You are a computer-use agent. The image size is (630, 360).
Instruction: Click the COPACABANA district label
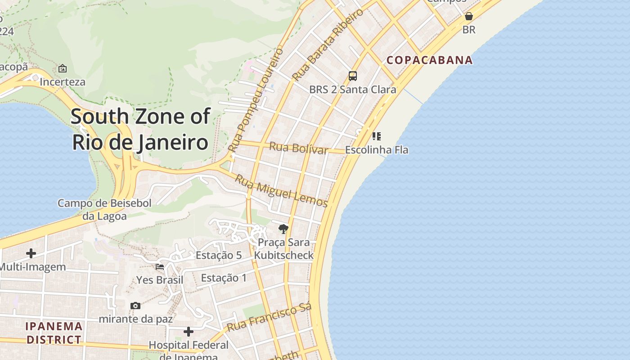[430, 60]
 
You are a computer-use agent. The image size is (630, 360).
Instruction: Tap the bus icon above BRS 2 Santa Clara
[353, 76]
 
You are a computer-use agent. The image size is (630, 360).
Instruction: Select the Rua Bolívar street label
[299, 148]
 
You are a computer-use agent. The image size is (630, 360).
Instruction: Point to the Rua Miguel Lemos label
[282, 191]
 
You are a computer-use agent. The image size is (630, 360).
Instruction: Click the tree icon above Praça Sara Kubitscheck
[283, 229]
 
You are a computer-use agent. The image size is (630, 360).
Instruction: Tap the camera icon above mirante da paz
[135, 306]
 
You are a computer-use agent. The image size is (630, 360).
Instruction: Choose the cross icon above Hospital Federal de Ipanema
[189, 332]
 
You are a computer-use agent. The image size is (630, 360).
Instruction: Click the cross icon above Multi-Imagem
[31, 253]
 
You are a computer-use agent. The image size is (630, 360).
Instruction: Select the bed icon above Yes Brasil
[160, 266]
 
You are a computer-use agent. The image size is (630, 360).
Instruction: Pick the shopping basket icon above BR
[469, 17]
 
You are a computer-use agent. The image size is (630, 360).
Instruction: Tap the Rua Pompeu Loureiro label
[256, 99]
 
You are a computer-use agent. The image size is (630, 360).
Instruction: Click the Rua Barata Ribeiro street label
[328, 45]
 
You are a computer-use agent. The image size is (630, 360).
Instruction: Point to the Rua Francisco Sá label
[269, 318]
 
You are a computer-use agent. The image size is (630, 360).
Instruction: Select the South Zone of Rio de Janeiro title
[140, 129]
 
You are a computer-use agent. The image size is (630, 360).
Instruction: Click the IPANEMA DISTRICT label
[54, 333]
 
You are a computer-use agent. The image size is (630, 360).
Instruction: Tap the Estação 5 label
[219, 255]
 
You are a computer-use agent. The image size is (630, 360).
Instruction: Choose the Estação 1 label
[224, 278]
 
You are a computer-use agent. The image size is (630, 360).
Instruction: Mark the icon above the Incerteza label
[63, 69]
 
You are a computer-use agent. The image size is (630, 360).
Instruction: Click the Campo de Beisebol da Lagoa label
[104, 209]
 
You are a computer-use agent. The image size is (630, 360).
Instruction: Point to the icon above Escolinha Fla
[377, 136]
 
